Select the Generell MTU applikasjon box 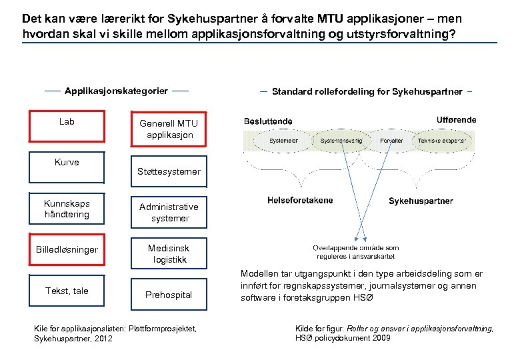[169, 129]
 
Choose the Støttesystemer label [169, 172]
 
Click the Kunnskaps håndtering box [67, 209]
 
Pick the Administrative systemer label [169, 212]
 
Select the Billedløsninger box [67, 250]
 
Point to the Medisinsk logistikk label [169, 253]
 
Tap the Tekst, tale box [67, 291]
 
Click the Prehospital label [169, 294]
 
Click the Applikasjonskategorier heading [116, 90]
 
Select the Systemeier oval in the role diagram [283, 141]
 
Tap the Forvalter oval [391, 141]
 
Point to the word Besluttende [269, 121]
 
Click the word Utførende [456, 120]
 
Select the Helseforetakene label [300, 199]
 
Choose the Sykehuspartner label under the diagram [421, 201]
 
